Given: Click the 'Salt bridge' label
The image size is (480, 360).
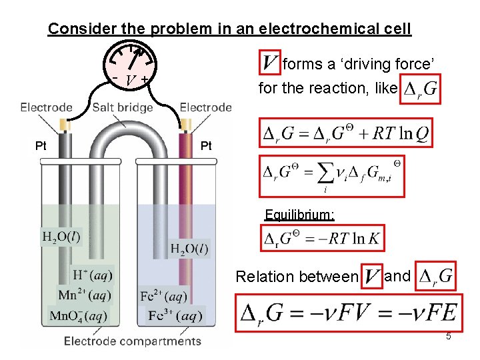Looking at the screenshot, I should (x=123, y=107).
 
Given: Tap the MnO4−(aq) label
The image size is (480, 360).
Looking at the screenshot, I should (x=77, y=315).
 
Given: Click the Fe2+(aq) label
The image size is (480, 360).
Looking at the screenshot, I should (x=163, y=295).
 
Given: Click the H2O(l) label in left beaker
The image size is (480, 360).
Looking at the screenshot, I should (x=61, y=237).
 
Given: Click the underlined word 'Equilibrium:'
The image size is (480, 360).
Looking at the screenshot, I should (x=299, y=215).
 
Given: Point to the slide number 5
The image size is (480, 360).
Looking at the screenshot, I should (x=449, y=337).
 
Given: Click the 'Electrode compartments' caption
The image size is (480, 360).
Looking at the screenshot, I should (x=132, y=341).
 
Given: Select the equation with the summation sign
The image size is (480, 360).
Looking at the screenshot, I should (x=331, y=175).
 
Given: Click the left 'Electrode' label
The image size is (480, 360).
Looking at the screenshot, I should (x=47, y=107).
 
